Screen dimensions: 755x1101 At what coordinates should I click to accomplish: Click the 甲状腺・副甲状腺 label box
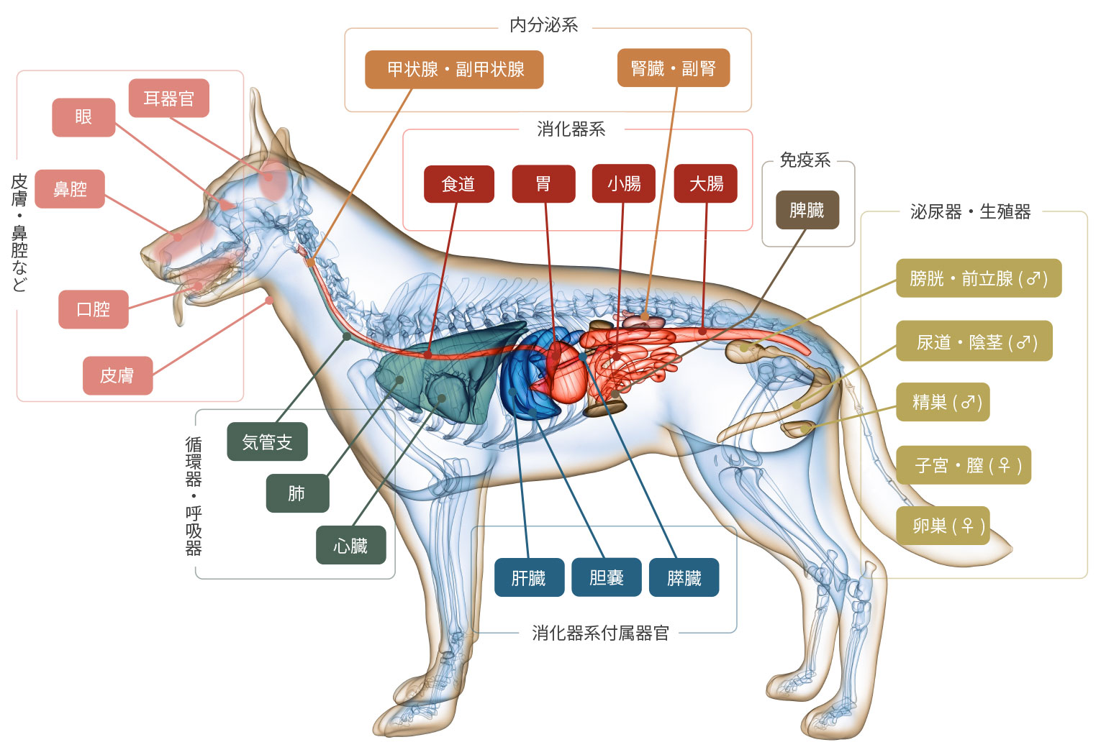(x=453, y=69)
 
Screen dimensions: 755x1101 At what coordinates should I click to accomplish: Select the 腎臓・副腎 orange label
(x=673, y=68)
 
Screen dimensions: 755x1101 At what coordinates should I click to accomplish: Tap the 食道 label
(x=458, y=184)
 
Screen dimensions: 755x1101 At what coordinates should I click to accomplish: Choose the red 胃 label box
(x=543, y=184)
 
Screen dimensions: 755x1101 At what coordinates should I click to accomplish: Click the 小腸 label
(x=623, y=184)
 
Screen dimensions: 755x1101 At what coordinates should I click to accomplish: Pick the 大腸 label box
(x=705, y=184)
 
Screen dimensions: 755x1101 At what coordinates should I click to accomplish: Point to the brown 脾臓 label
(x=807, y=210)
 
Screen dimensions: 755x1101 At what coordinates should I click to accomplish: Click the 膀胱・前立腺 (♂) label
(x=978, y=278)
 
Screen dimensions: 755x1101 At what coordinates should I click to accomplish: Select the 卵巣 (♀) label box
(x=942, y=526)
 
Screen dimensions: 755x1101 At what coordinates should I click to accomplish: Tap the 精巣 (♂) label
(x=942, y=402)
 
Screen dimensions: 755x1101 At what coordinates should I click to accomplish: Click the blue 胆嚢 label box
(x=606, y=577)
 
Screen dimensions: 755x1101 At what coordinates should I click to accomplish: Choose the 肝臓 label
(x=529, y=577)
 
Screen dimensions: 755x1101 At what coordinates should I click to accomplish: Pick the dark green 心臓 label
(x=350, y=545)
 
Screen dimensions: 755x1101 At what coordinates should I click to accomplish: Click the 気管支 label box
(x=267, y=441)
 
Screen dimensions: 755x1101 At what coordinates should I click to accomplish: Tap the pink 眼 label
(x=83, y=117)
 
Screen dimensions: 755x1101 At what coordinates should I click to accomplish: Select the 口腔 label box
(x=93, y=309)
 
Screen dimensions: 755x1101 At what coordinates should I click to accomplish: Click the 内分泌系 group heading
(x=543, y=25)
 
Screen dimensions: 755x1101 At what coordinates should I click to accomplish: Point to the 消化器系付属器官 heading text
(x=600, y=633)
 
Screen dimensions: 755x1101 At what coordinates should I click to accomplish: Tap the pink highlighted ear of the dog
(x=273, y=180)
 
